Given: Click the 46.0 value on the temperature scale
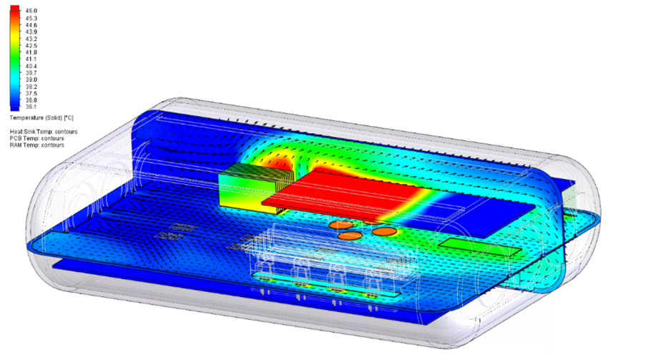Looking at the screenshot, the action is coord(31,11).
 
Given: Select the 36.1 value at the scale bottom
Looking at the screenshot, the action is coord(31,107).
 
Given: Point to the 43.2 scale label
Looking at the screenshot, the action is coord(31,39).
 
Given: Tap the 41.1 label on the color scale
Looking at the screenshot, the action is coord(31,59).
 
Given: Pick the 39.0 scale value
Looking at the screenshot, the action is coord(31,79).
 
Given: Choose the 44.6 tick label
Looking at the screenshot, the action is coord(31,25).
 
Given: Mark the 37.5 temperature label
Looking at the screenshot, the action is coord(31,94).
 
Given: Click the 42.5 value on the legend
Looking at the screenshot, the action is coord(31,46).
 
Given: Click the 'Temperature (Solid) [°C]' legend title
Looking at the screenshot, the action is coord(41,118).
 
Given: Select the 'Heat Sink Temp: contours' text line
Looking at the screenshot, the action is coord(44,132).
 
